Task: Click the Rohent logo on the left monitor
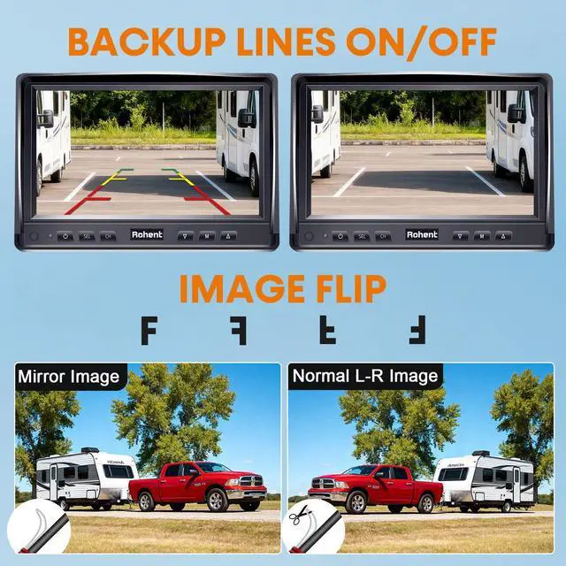[147, 235]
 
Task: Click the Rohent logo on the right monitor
[422, 235]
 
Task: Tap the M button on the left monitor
[207, 236]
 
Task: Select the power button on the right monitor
[340, 236]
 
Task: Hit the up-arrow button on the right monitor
[504, 236]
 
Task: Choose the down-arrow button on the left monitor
[185, 236]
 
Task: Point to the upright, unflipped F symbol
[149, 329]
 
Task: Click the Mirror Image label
[68, 377]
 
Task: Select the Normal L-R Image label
[365, 376]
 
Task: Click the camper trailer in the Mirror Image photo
[86, 479]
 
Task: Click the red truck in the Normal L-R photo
[374, 486]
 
